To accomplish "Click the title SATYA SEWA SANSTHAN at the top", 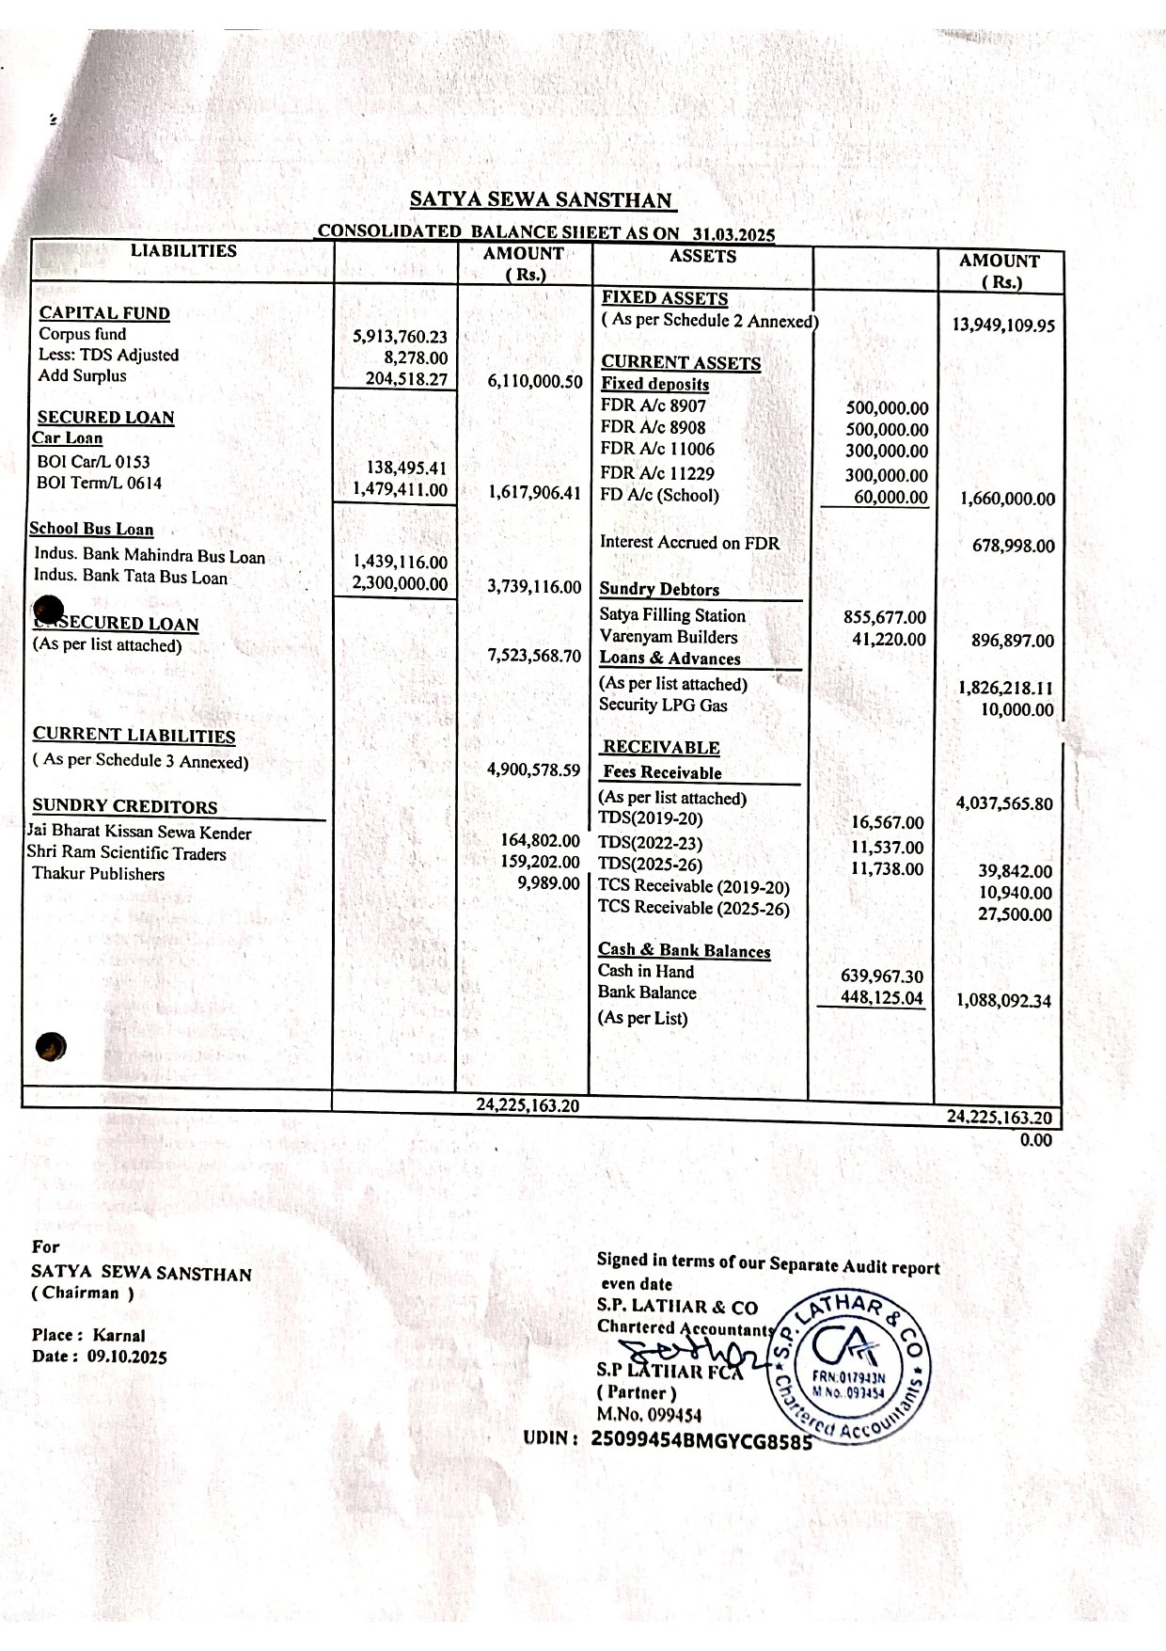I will click(542, 199).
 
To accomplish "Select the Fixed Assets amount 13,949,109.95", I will click(1003, 325).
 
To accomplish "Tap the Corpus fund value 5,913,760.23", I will click(400, 336).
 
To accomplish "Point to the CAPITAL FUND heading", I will click(104, 313).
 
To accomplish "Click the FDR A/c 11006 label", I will click(656, 449).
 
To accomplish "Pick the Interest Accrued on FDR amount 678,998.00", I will click(1013, 546).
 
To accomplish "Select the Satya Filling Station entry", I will click(672, 615).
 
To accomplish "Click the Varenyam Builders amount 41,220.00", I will click(888, 640).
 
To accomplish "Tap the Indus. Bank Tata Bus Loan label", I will click(131, 577).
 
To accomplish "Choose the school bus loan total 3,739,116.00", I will click(534, 586).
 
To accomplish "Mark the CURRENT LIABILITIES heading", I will click(134, 735).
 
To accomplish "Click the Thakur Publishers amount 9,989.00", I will click(549, 882).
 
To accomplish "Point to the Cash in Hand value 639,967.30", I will click(881, 976).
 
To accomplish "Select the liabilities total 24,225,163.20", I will click(528, 1104).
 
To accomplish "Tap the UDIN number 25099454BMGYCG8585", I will click(701, 1438).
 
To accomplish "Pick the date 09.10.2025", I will click(127, 1357).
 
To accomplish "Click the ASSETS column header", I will click(702, 256).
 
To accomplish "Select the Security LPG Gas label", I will click(663, 705).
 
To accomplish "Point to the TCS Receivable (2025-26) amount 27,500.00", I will click(1015, 913).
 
